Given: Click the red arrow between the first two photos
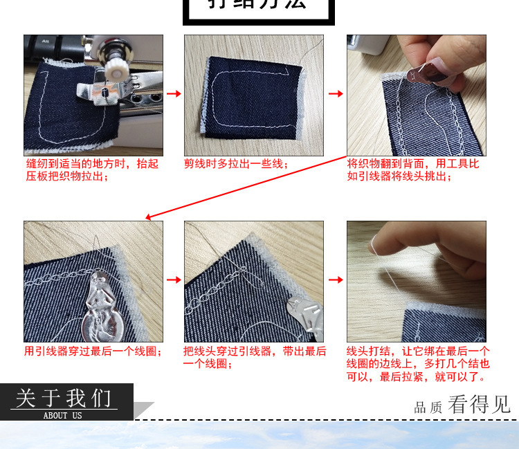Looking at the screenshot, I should point(174,93).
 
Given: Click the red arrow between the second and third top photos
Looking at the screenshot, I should point(335,93).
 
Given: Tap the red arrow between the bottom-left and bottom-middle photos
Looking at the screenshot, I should point(174,280).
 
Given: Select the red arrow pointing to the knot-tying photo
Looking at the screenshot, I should point(335,280).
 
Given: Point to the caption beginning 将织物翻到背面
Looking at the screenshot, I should point(413,169).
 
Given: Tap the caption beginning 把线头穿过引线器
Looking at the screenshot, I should point(255,357).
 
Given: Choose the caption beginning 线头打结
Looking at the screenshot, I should point(418,364).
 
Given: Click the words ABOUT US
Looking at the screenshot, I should point(62,415).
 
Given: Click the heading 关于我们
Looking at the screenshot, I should point(64,399).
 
